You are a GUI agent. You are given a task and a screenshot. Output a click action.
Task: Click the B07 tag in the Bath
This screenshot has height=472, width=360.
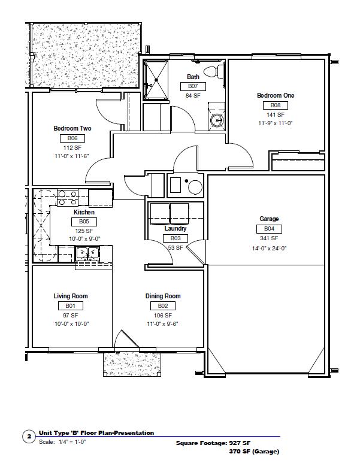pos(193,86)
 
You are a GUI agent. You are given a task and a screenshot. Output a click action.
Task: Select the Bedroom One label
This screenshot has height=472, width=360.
pos(276,95)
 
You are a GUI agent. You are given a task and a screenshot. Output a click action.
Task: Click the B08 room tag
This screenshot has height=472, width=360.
pos(276,105)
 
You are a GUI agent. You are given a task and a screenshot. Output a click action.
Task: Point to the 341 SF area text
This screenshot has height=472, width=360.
pos(269,238)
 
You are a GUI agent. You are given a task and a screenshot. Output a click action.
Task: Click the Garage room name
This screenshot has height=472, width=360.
pos(269,219)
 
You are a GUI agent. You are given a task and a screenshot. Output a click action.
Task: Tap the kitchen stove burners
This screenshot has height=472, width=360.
pos(68,198)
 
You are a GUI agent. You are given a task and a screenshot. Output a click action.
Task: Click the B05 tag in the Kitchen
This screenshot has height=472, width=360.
pos(84,222)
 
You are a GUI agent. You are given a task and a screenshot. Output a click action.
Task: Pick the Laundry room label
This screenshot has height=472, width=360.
pos(176,228)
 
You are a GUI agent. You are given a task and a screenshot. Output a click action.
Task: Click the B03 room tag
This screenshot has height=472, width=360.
pos(176,238)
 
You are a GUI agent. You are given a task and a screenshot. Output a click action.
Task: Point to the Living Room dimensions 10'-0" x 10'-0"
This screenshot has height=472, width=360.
pos(72,324)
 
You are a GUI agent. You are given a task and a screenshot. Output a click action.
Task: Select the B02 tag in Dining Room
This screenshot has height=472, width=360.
pos(163,306)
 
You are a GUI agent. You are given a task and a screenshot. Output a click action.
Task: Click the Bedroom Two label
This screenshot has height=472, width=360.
pos(72,129)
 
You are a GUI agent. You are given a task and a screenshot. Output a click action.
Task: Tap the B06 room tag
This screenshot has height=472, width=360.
pos(72,138)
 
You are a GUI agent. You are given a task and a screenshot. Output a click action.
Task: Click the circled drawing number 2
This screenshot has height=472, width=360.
pos(29,437)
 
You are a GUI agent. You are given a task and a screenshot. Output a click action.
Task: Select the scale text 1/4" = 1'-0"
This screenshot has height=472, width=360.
pos(72,442)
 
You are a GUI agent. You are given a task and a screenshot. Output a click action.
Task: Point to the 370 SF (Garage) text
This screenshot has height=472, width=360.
pos(254,452)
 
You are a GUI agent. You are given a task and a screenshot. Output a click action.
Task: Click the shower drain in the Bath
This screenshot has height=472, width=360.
pos(156,80)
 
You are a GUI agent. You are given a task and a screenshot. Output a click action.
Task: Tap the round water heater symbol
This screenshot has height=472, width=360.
pos(195,187)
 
